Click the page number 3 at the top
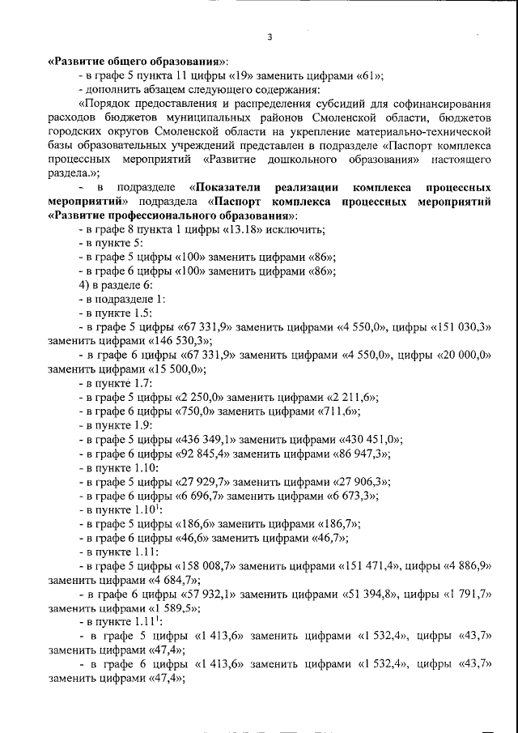coord(270,36)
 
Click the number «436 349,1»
coord(208,439)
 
